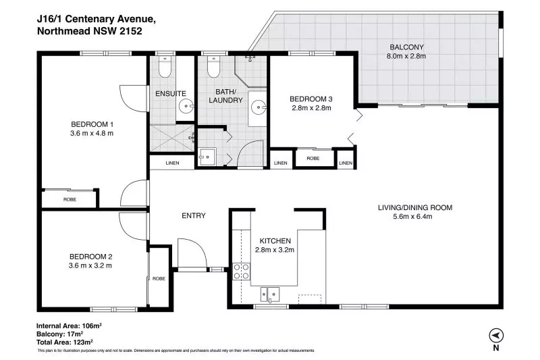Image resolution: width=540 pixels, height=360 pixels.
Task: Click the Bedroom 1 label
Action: click(x=92, y=124)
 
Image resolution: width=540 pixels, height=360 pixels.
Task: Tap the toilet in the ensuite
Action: click(x=165, y=67)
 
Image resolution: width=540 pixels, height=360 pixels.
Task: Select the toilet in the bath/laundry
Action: click(x=213, y=67)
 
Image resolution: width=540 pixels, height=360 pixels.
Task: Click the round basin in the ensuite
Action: click(x=187, y=106)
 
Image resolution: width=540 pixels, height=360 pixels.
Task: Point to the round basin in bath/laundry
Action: click(x=259, y=107)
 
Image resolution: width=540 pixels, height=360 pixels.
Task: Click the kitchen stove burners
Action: click(x=242, y=271)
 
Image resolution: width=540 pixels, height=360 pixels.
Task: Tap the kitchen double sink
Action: click(x=269, y=294)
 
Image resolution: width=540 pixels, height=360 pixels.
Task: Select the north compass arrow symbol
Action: click(x=496, y=335)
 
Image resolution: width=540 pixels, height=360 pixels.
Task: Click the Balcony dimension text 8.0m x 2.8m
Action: click(x=406, y=56)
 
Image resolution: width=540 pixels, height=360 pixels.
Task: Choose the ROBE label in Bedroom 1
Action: click(x=70, y=199)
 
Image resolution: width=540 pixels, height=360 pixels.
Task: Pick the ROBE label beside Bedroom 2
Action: click(x=159, y=278)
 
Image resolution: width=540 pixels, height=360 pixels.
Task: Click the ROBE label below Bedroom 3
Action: click(x=313, y=159)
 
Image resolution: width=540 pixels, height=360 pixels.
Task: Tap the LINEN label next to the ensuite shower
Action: click(x=172, y=163)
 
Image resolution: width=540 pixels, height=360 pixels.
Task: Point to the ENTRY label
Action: click(x=194, y=215)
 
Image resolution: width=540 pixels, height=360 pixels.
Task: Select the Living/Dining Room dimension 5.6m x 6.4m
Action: click(x=412, y=217)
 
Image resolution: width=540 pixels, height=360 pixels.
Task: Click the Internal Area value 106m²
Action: click(x=91, y=326)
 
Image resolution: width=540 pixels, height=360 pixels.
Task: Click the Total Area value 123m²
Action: click(x=82, y=342)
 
